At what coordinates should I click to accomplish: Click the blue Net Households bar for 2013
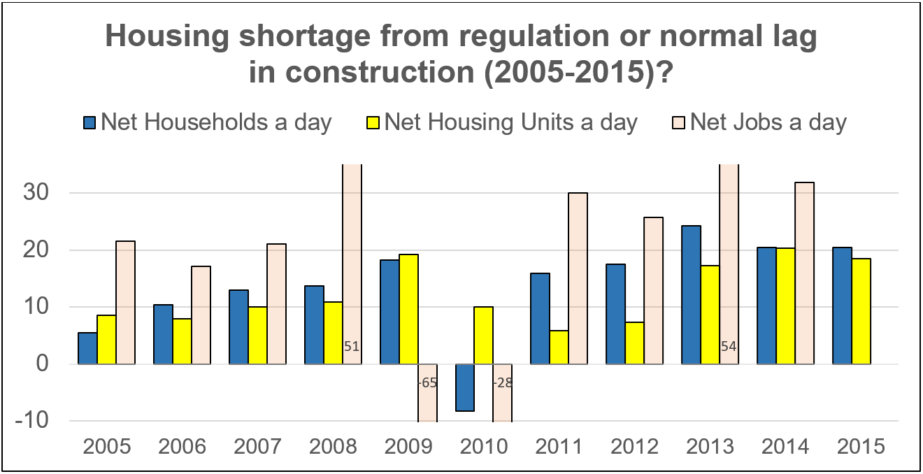pos(692,294)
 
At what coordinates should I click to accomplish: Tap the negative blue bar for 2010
pos(465,387)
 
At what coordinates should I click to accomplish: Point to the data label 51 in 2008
pos(352,346)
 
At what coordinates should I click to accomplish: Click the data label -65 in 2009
pos(427,383)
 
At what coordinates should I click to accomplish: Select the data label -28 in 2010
pos(503,383)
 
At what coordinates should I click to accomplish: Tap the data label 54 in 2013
pos(729,346)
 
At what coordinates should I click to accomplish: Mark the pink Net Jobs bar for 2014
pos(805,273)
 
